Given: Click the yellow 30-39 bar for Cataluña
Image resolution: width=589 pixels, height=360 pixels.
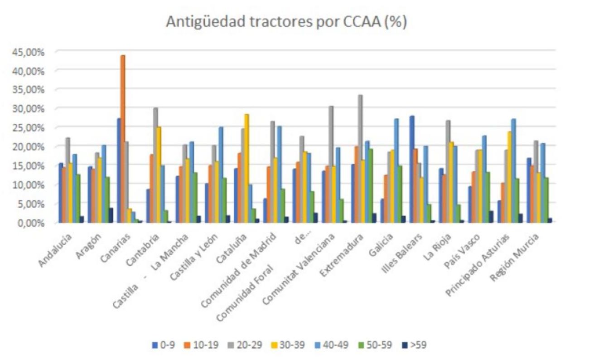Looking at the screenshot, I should [247, 168].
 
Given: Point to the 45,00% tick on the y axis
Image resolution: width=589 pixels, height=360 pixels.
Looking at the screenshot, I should [29, 52].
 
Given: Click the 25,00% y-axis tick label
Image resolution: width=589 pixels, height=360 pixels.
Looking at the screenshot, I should [29, 128].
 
